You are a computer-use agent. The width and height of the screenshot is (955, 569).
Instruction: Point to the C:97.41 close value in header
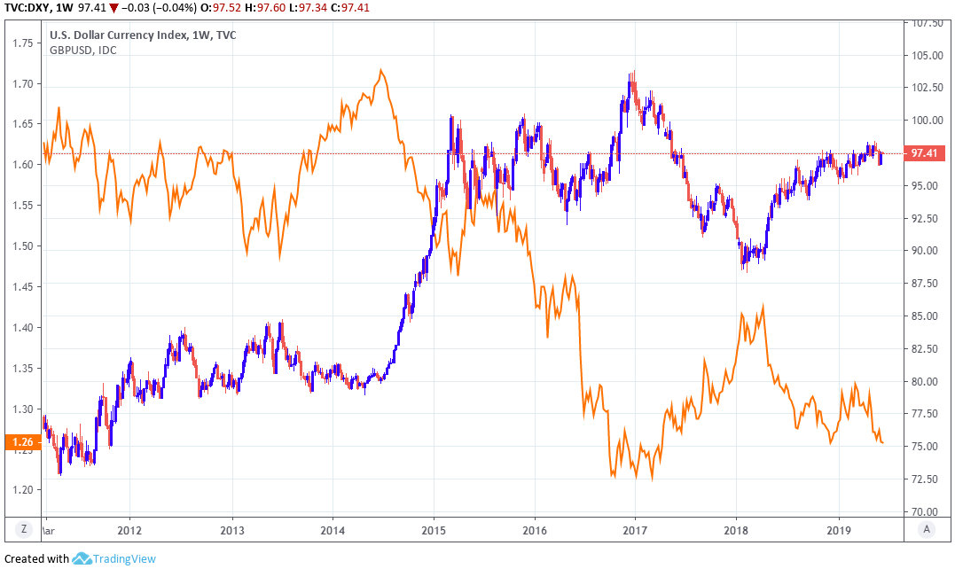pyautogui.click(x=349, y=8)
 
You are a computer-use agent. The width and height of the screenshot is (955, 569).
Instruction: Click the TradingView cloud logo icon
pyautogui.click(x=82, y=558)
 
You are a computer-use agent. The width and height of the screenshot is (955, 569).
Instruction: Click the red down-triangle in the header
pyautogui.click(x=114, y=8)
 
